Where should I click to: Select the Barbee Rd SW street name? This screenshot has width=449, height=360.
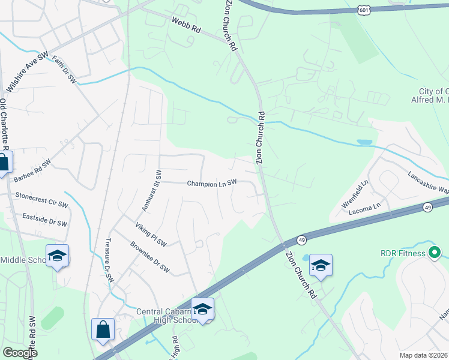pos(32,170)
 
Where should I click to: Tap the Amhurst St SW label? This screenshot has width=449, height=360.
pos(151,191)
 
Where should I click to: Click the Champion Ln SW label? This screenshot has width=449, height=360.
pos(212,184)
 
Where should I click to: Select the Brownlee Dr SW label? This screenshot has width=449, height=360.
pos(150,258)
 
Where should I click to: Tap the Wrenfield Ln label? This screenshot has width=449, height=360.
pos(354,196)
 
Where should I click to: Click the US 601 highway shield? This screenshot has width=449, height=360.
pos(364,10)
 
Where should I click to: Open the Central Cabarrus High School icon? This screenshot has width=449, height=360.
pos(203,308)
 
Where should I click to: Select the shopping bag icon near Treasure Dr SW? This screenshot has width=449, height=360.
pos(103,329)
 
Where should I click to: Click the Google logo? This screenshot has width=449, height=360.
pos(20,353)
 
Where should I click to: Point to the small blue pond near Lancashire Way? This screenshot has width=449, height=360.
pos(364,143)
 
